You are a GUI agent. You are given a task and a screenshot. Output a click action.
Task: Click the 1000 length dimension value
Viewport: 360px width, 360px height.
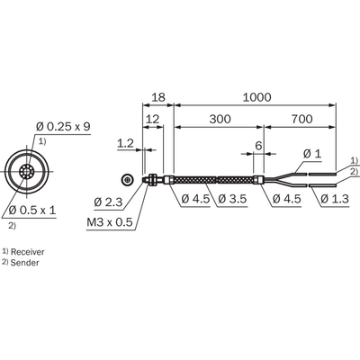[x=256, y=97]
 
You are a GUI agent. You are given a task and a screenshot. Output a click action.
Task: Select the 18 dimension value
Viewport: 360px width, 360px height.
[x=158, y=97]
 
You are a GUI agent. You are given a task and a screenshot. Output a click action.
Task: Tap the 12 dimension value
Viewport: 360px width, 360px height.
[x=152, y=119]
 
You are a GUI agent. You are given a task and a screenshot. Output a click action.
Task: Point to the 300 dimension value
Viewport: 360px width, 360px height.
[x=220, y=119]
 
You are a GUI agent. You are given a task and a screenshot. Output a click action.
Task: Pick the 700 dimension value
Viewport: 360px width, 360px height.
[x=301, y=119]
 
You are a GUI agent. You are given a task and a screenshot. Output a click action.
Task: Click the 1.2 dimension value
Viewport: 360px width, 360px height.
[x=125, y=143]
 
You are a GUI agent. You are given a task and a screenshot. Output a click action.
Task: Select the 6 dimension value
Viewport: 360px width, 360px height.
[x=258, y=146]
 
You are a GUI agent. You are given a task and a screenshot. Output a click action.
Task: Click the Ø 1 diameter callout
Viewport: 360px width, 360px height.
[x=312, y=154]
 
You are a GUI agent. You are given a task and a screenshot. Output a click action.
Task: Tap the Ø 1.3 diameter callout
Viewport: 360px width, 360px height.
[x=335, y=199]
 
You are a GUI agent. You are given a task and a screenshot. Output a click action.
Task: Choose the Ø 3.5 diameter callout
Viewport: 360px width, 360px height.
[x=232, y=199]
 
